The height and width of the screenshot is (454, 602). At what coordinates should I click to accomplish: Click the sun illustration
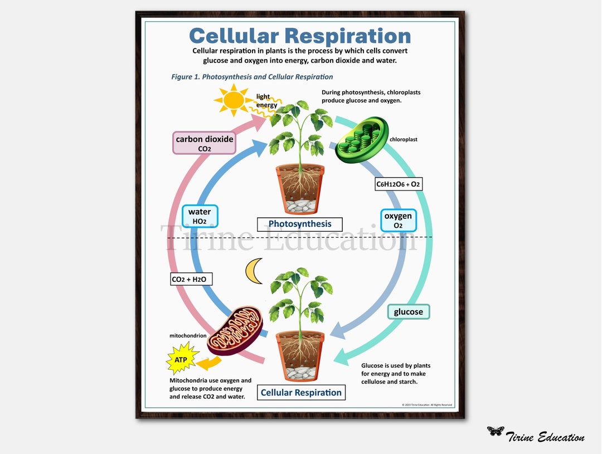[233, 100]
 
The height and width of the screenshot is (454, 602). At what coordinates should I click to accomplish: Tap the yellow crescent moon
[254, 271]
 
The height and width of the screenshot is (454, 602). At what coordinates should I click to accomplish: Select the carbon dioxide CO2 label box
[205, 143]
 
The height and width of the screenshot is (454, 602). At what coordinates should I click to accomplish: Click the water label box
[200, 216]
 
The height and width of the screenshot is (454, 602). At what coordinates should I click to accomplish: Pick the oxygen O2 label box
[398, 220]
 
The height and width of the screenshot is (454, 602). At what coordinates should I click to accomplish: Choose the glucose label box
[409, 312]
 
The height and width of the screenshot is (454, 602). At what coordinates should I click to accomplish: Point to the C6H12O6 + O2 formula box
[398, 184]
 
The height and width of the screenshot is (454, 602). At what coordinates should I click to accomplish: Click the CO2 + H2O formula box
[191, 279]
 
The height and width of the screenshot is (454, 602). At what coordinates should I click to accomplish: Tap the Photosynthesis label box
[300, 224]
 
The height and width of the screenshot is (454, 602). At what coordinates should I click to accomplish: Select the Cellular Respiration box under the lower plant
[301, 392]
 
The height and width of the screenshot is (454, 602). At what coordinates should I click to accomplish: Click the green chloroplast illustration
[361, 140]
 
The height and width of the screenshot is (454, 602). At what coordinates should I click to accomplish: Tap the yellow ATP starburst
[181, 359]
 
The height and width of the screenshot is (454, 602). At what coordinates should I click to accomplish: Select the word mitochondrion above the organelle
[188, 336]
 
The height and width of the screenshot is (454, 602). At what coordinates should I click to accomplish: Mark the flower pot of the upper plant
[300, 189]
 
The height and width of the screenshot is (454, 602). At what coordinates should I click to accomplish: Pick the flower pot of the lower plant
[300, 355]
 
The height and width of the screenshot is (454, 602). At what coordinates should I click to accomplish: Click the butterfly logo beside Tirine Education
[495, 431]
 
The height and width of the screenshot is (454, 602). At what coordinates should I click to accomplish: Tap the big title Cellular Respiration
[300, 36]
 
